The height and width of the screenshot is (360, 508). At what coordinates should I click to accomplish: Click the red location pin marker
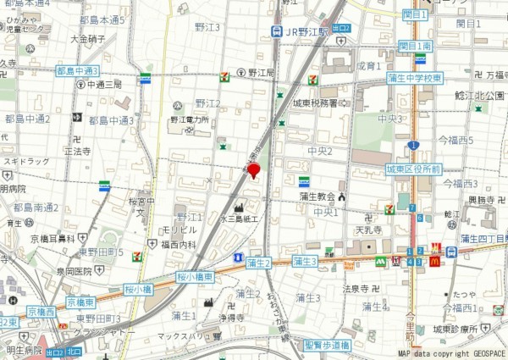point(253,171)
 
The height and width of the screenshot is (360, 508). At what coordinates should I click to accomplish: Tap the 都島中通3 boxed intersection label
point(77,70)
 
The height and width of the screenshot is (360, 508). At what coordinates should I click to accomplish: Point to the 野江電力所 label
point(189,120)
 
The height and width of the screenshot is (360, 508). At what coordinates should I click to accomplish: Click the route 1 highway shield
point(412,146)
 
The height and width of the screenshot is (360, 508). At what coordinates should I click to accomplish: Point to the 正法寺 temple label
point(77,152)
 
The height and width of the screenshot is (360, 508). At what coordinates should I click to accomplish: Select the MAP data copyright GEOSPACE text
point(451,352)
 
